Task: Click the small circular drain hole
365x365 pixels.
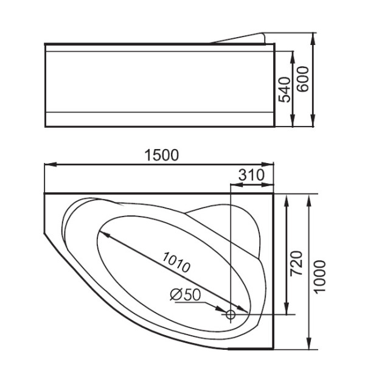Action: point(231,315)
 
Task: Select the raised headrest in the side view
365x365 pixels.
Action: point(240,38)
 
